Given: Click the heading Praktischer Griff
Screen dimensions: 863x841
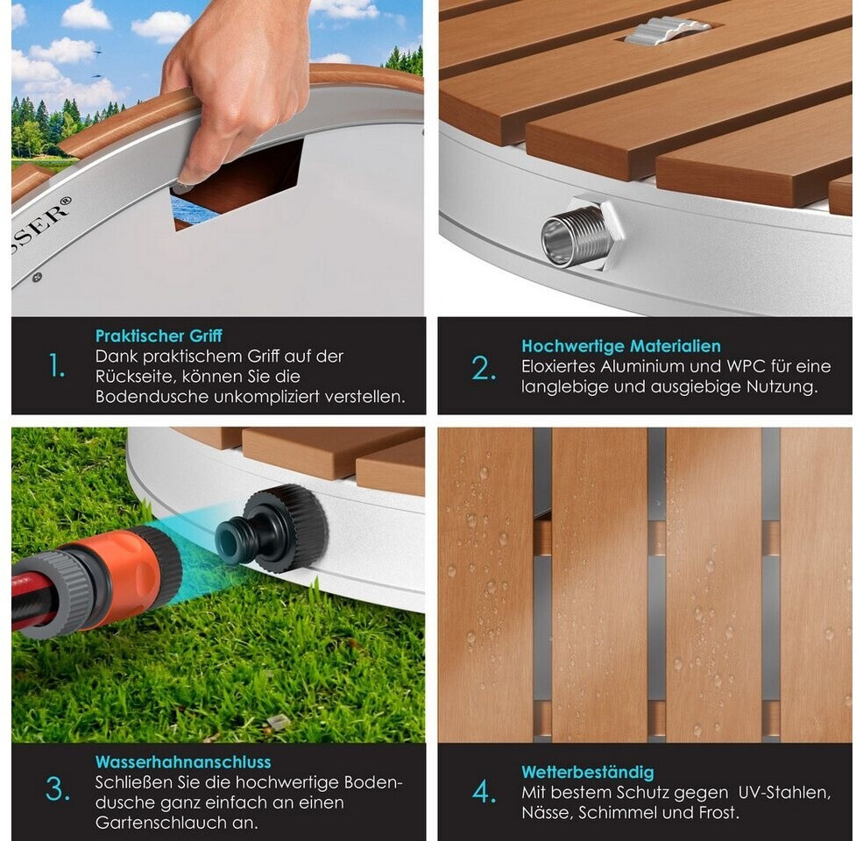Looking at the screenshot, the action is [159, 336].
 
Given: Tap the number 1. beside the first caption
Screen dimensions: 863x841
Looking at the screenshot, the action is [57, 366].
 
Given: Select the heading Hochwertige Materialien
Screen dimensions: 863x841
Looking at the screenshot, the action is [621, 346].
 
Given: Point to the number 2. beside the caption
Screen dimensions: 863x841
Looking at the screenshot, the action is [484, 369].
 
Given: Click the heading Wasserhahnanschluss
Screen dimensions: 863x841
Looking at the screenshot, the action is [183, 762].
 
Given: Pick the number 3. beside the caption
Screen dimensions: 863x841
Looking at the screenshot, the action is [58, 790].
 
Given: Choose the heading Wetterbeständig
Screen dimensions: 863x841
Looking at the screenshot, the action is [588, 773].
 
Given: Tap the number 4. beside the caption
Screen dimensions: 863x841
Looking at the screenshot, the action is [485, 793].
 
